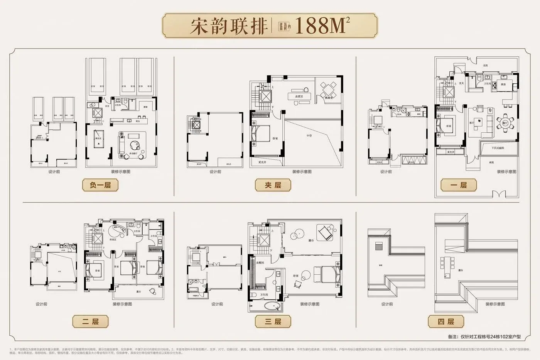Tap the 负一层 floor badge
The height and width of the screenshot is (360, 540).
point(100,185)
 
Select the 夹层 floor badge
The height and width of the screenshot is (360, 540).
point(273,185)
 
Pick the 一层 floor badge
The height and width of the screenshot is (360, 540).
point(459,185)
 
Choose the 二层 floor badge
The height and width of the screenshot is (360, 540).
point(90,321)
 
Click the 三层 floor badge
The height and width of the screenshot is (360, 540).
point(273,321)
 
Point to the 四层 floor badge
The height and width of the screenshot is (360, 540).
point(446,321)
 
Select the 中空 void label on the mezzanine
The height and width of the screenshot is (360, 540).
point(309,136)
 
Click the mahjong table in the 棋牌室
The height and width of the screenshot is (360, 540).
point(328,90)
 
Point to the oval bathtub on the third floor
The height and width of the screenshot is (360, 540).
point(273,307)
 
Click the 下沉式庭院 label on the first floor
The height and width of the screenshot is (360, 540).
point(498,148)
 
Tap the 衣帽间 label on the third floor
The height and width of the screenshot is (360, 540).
point(260,262)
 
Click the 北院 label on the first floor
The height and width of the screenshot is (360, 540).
point(485,66)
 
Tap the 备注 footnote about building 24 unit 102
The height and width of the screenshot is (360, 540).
point(484,336)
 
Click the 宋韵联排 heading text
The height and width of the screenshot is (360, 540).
point(229,26)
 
